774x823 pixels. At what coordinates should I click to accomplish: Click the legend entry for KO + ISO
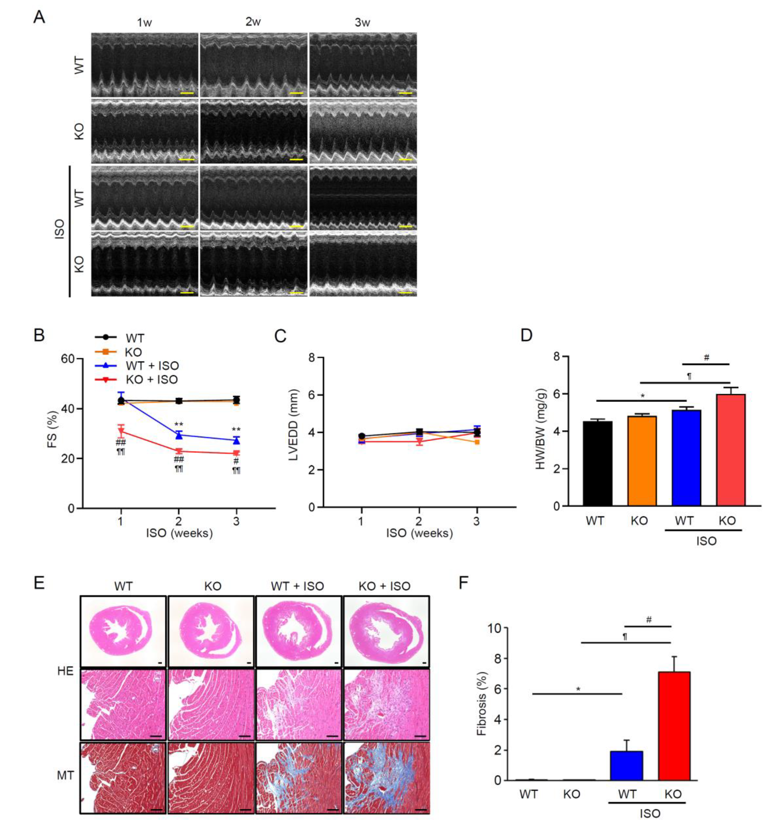(x=151, y=380)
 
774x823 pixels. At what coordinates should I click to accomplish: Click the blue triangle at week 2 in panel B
(x=179, y=435)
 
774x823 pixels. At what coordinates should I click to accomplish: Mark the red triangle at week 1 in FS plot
(x=121, y=431)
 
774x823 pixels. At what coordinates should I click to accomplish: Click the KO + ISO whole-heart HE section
(x=387, y=631)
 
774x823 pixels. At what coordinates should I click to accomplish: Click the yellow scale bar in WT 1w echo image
(x=187, y=93)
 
